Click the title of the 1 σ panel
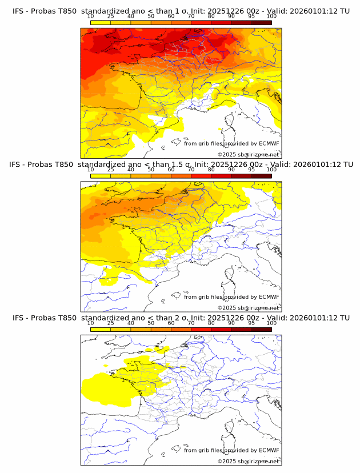(x=181, y=11)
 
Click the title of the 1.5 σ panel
(x=181, y=165)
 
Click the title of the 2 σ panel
(x=181, y=318)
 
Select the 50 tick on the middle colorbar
(x=151, y=170)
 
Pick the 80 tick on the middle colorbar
(x=211, y=170)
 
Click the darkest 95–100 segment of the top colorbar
(x=261, y=22)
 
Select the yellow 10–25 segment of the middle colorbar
(x=101, y=176)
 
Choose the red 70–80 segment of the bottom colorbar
(x=201, y=329)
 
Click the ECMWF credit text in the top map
(x=231, y=144)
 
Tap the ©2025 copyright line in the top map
(x=249, y=154)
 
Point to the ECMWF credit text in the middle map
(x=231, y=297)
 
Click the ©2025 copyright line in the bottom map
(x=249, y=461)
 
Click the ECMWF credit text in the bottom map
(x=231, y=450)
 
